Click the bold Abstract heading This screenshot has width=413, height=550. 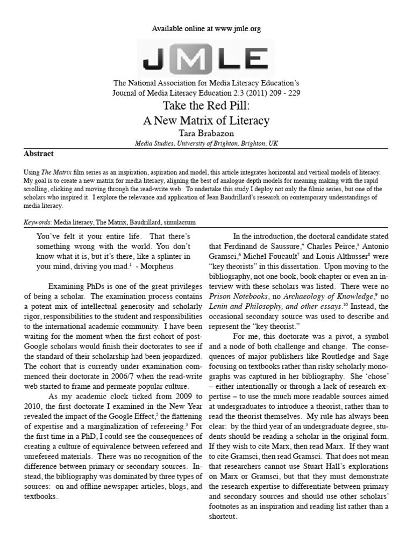39,153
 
